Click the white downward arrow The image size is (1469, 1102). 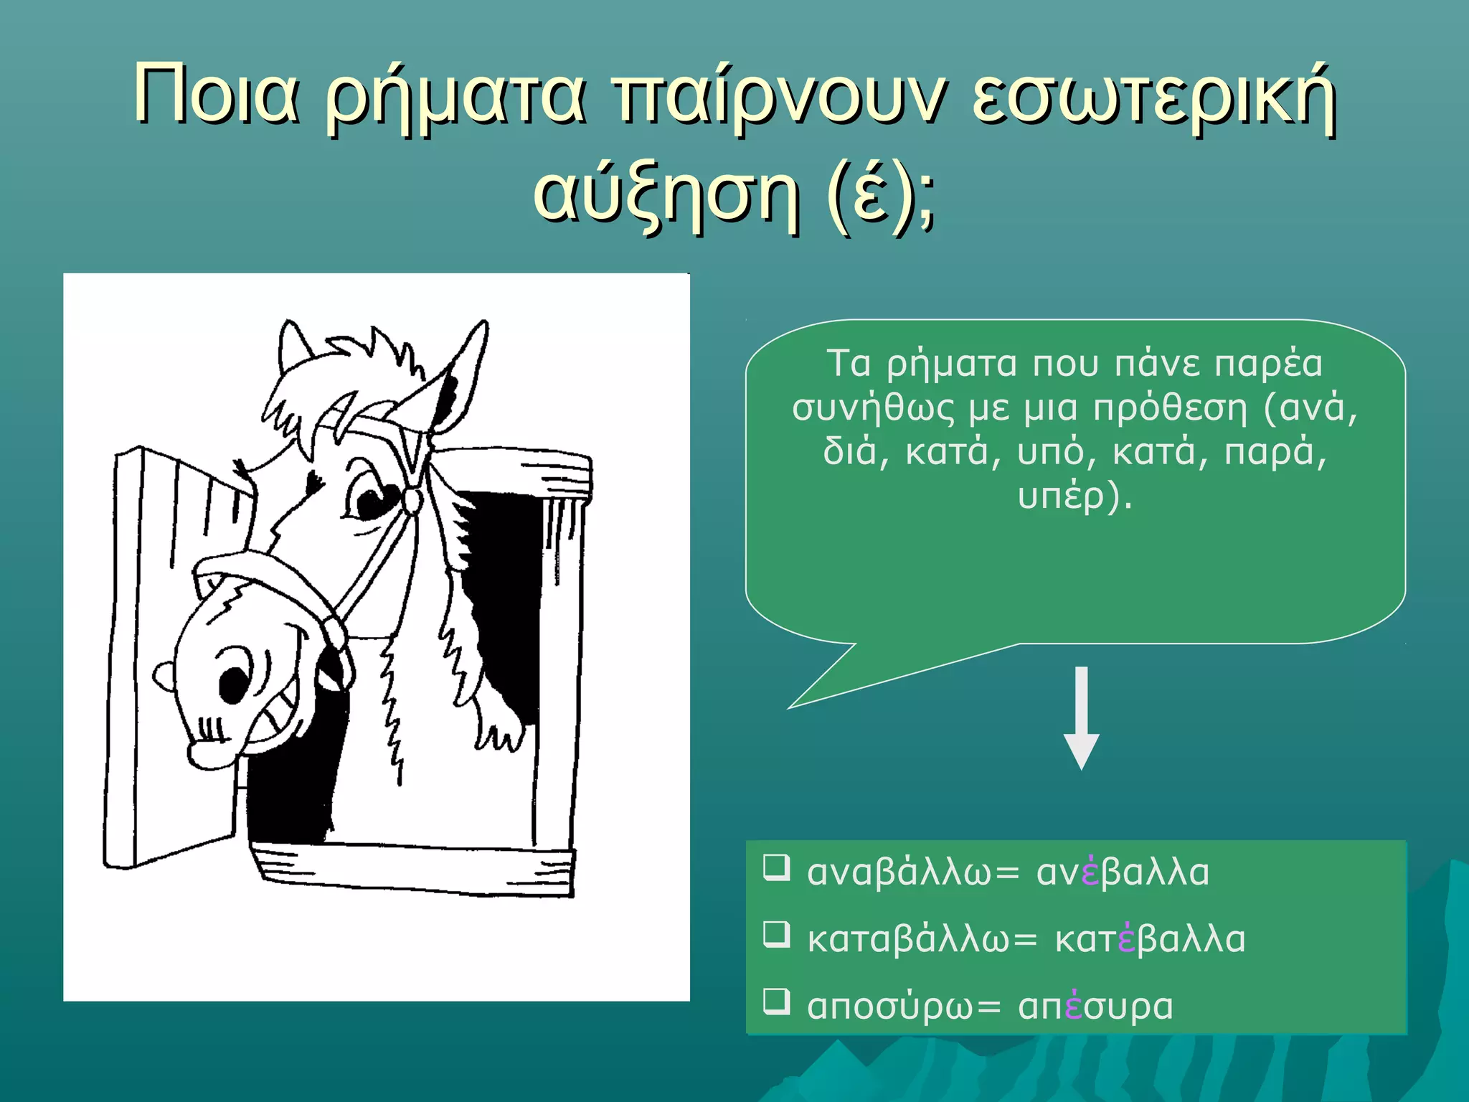pos(1081,717)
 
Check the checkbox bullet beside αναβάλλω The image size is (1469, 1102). pos(777,867)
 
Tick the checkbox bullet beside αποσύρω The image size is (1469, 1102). pos(777,1001)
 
